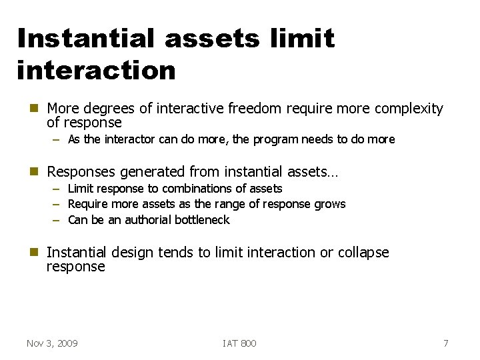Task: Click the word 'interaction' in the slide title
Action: [x=97, y=70]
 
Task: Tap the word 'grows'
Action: [x=329, y=204]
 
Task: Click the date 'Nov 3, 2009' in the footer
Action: [x=52, y=343]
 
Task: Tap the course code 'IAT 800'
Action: [x=239, y=343]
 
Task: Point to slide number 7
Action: [x=446, y=343]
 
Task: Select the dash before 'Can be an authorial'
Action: [x=57, y=220]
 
